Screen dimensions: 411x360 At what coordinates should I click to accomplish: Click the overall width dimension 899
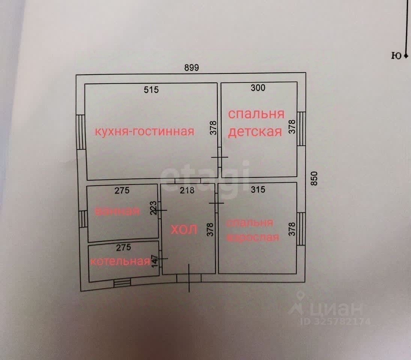pos(191,68)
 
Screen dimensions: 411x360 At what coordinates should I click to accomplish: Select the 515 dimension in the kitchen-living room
pos(152,90)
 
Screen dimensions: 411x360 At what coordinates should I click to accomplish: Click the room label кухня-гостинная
pos(145,132)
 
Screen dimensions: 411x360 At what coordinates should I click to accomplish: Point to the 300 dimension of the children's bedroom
pos(258,88)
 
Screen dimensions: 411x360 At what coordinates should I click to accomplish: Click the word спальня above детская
pos(256,114)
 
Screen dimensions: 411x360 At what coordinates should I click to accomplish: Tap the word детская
pos(255,132)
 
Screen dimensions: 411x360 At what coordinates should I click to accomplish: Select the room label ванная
pos(117,211)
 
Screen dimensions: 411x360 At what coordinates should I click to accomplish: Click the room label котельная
pos(120,261)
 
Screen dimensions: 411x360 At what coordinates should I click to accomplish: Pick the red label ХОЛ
pos(184,230)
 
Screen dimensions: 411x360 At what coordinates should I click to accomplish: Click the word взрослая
pos(253,237)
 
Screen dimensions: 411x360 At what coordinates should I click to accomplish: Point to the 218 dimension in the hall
pos(187,190)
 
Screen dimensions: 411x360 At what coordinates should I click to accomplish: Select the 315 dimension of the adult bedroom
pos(257,189)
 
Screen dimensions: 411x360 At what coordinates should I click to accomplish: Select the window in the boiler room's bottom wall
pos(121,283)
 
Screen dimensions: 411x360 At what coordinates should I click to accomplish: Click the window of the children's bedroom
pos(301,128)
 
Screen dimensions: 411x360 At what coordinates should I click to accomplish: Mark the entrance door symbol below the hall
pos(189,278)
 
